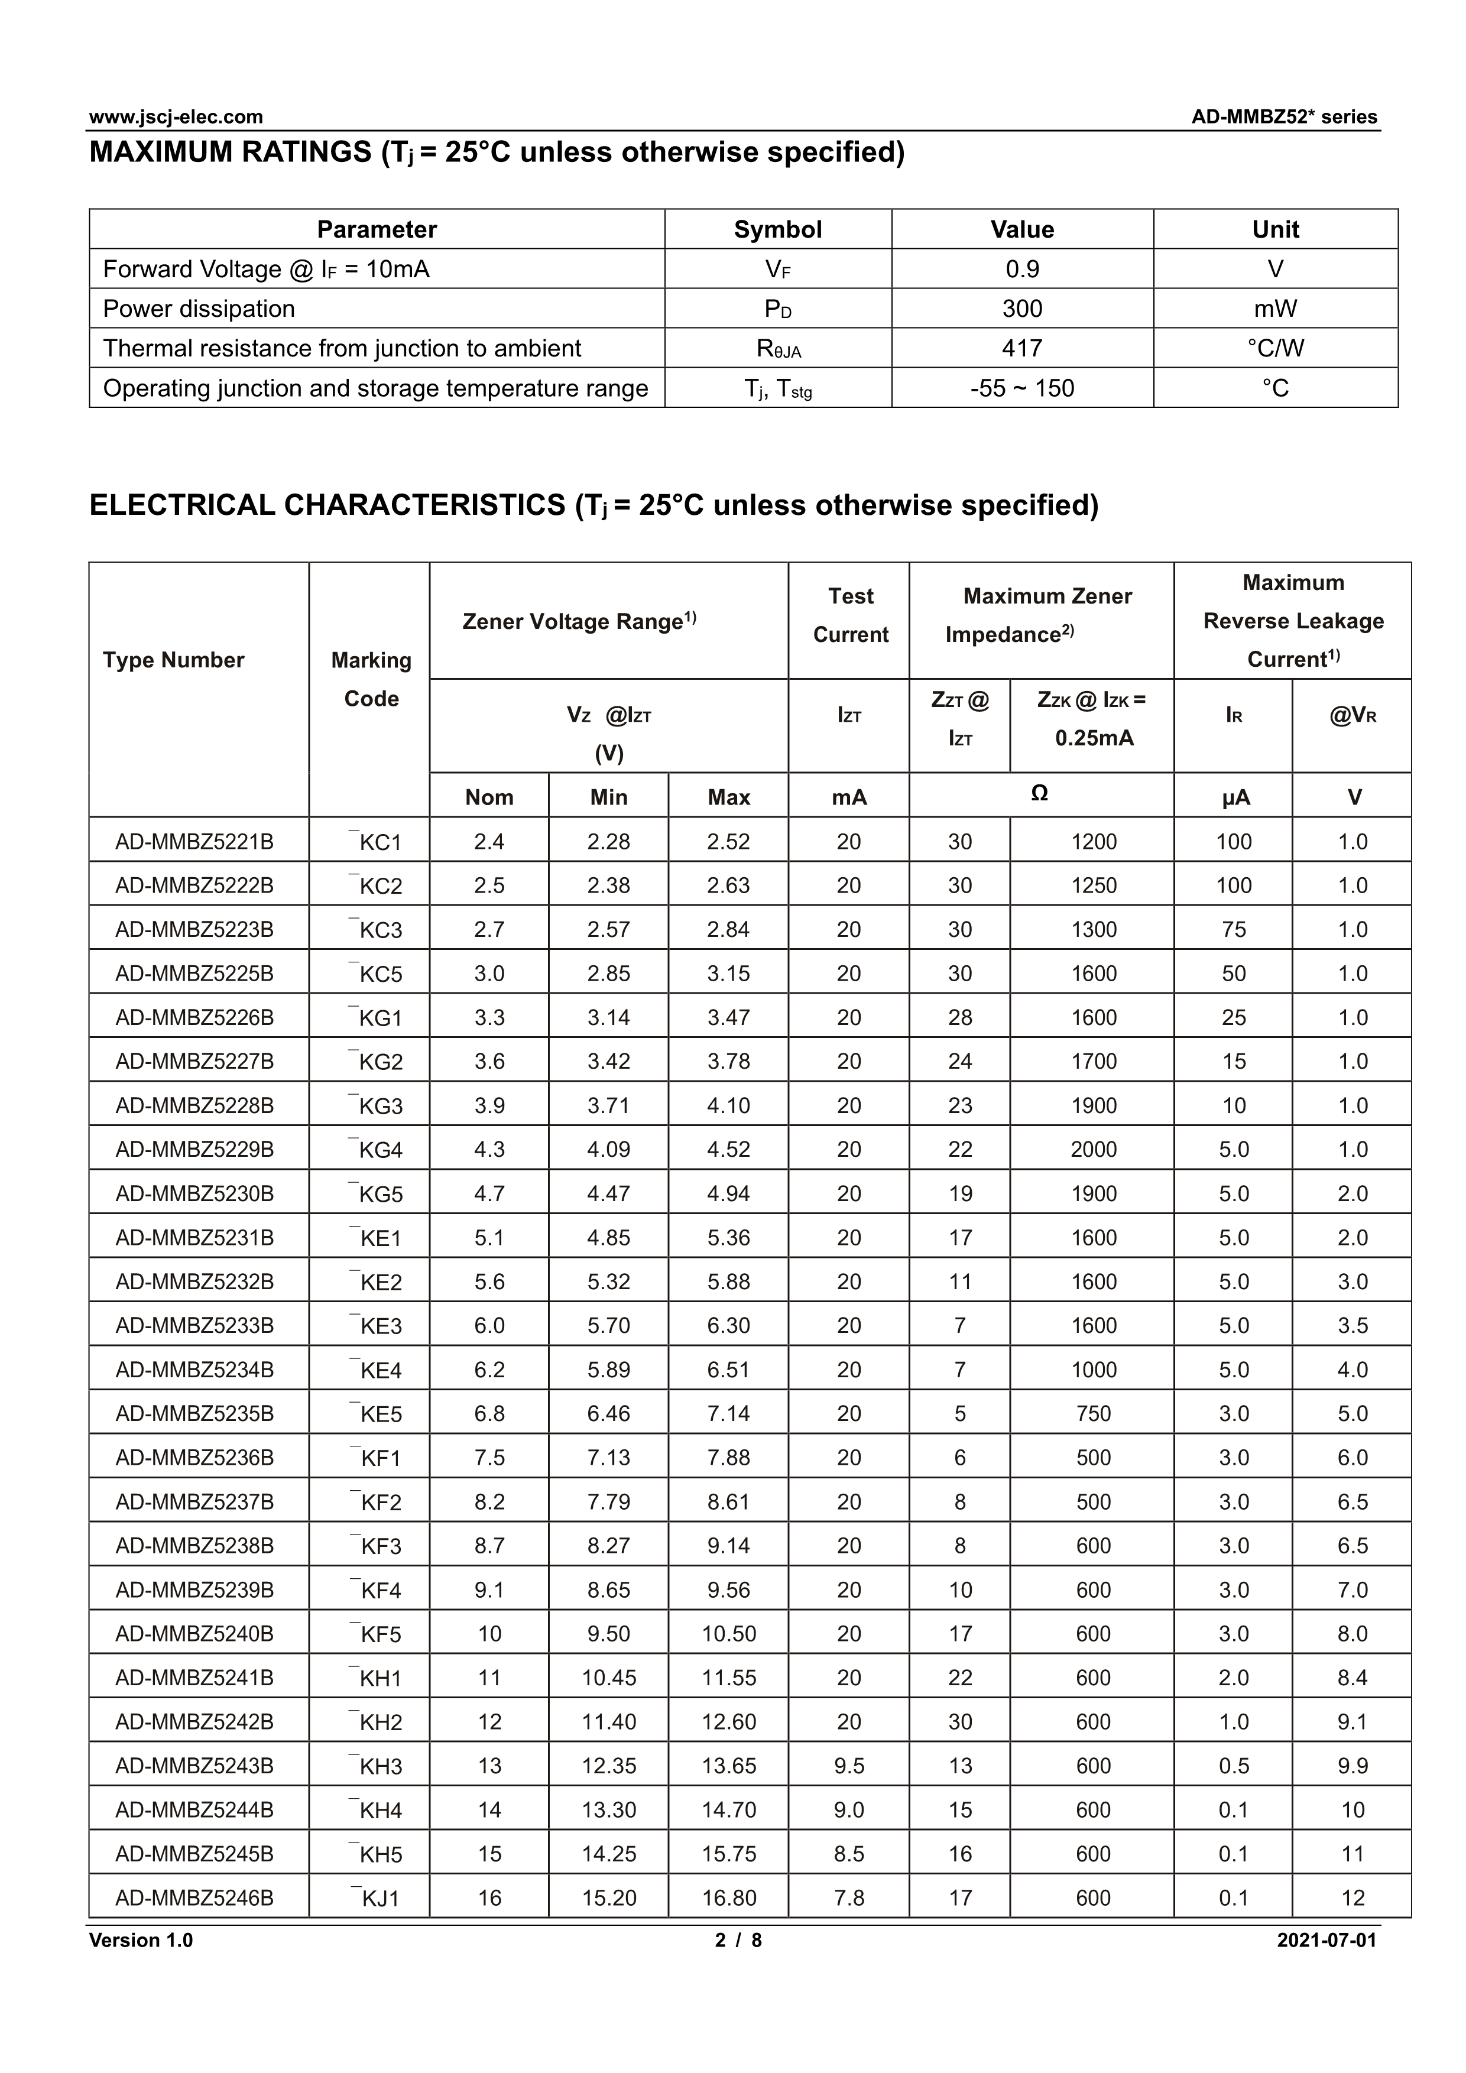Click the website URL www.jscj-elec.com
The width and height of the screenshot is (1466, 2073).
pyautogui.click(x=176, y=116)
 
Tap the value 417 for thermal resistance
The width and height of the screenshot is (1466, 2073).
pyautogui.click(x=1022, y=349)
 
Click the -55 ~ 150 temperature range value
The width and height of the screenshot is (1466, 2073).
pyautogui.click(x=1022, y=388)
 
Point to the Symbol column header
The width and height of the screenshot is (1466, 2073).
pyautogui.click(x=777, y=229)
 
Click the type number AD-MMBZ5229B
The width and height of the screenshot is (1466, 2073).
pyautogui.click(x=194, y=1149)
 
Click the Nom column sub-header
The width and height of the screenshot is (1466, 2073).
pyautogui.click(x=489, y=797)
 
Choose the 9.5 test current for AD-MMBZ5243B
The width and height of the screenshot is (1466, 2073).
pyautogui.click(x=848, y=1766)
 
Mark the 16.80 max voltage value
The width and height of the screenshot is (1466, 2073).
pyautogui.click(x=728, y=1898)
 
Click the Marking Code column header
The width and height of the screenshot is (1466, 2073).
pyautogui.click(x=371, y=680)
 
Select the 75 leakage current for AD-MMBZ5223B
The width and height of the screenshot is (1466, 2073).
pyautogui.click(x=1233, y=930)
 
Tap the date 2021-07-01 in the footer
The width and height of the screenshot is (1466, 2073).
pyautogui.click(x=1326, y=1940)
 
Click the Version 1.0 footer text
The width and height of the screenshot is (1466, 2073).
pyautogui.click(x=141, y=1940)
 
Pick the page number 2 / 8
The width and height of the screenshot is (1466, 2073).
pyautogui.click(x=738, y=1940)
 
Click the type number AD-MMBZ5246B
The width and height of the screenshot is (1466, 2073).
pyautogui.click(x=194, y=1898)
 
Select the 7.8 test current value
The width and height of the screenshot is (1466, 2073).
pyautogui.click(x=848, y=1898)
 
